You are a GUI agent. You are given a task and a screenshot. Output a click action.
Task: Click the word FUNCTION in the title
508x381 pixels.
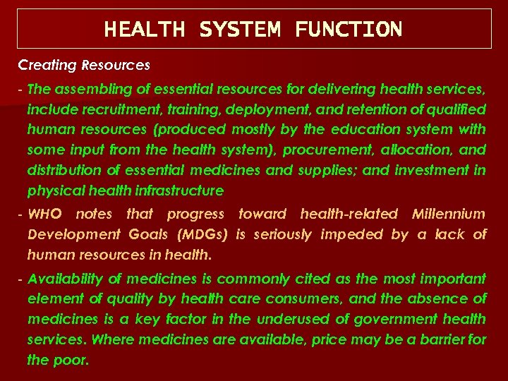click(x=349, y=30)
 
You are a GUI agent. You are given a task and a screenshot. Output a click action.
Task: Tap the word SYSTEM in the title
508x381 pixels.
click(x=240, y=30)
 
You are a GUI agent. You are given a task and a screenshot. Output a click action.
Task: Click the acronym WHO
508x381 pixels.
click(x=44, y=214)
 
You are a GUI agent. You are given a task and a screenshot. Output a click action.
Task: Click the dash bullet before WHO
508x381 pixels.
click(x=21, y=214)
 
